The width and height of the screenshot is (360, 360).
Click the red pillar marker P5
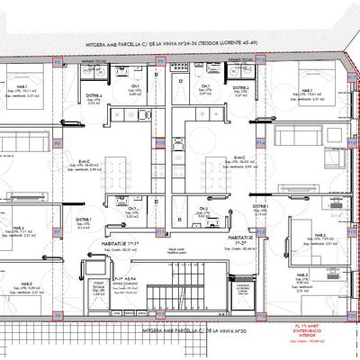click(x=56, y=63)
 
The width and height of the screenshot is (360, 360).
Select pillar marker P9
click(x=160, y=63)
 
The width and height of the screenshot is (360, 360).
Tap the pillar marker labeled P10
click(x=160, y=142)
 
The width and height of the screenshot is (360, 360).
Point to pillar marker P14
click(x=262, y=142)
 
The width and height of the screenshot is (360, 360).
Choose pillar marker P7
click(x=56, y=230)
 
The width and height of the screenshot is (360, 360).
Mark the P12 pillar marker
click(x=160, y=315)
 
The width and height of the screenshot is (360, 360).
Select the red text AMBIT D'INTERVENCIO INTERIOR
click(x=314, y=337)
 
